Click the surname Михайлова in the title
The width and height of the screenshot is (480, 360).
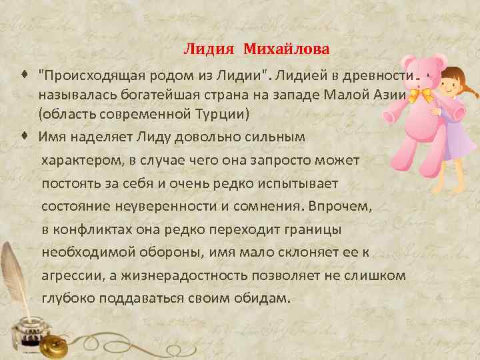(x=286, y=49)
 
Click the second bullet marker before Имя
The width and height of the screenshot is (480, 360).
(x=25, y=135)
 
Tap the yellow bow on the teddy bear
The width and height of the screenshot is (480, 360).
(x=421, y=95)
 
